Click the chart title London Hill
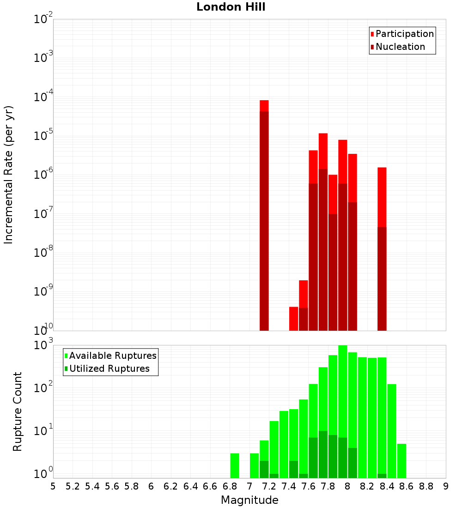231,7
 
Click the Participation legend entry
404,34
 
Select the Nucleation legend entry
400,47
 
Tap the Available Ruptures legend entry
112,356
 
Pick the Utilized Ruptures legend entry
109,369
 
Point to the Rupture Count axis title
18,411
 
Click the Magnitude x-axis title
249,500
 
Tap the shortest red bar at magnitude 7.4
293,319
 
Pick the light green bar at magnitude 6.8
235,466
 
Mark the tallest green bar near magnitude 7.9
343,411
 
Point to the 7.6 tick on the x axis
308,486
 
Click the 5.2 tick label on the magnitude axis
73,486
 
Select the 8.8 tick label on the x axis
426,486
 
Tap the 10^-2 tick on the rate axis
43,19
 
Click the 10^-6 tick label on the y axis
43,175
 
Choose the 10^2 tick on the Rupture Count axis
43,388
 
